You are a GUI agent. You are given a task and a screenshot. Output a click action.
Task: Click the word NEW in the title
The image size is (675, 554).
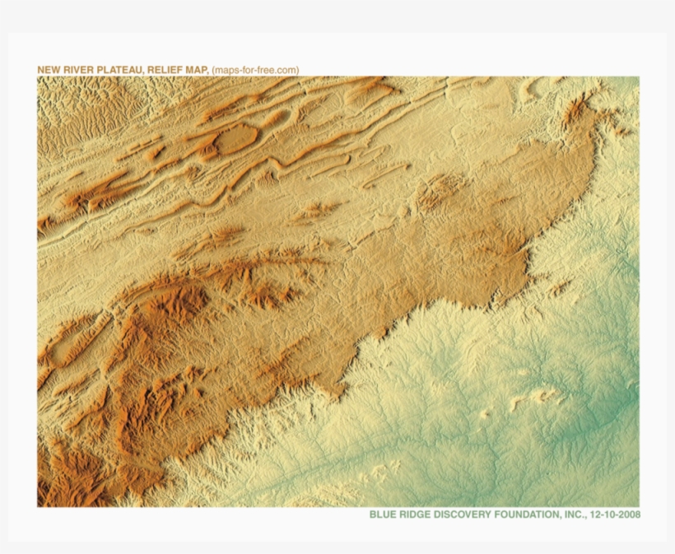tap(48, 70)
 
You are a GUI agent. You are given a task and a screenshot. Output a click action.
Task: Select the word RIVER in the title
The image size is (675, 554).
tap(74, 70)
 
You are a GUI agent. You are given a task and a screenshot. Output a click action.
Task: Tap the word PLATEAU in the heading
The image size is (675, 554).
tap(112, 70)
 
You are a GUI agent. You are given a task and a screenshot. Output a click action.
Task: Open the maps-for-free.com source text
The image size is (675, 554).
tap(255, 70)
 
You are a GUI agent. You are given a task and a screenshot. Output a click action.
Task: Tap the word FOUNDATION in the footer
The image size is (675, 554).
tap(527, 514)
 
